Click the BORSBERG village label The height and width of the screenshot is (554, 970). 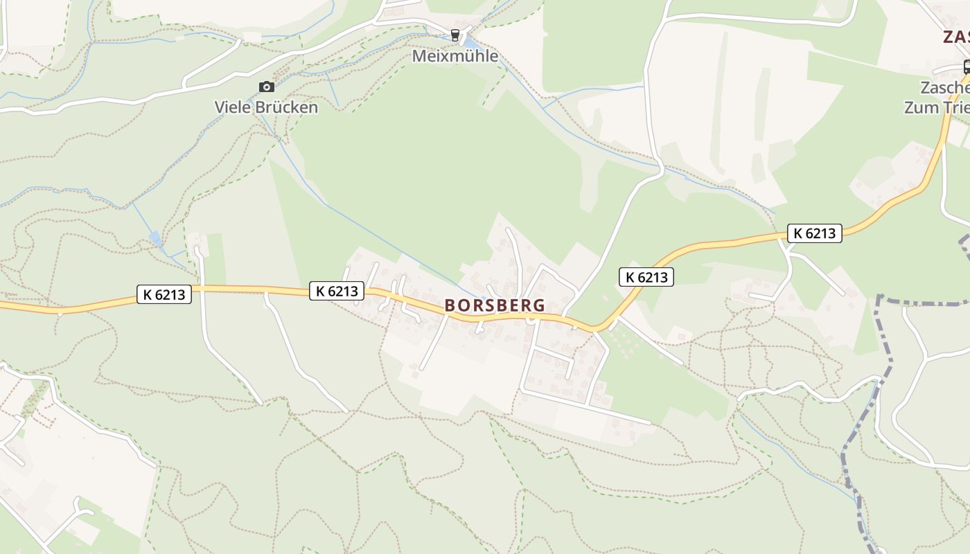pyautogui.click(x=495, y=305)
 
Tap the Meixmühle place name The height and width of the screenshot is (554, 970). pyautogui.click(x=455, y=56)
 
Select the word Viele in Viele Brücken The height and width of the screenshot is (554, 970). pyautogui.click(x=233, y=107)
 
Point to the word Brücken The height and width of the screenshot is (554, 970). pyautogui.click(x=286, y=107)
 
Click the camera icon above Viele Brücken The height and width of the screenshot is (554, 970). pyautogui.click(x=266, y=87)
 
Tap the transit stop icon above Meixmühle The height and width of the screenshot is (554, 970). pyautogui.click(x=455, y=35)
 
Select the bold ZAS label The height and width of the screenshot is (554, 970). pyautogui.click(x=956, y=37)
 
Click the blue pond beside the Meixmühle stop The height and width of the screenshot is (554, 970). pyautogui.click(x=470, y=44)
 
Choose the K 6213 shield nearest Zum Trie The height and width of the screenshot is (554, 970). pyautogui.click(x=814, y=233)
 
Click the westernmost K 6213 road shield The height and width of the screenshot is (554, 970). pyautogui.click(x=164, y=294)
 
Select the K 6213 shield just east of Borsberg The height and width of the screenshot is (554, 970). pyautogui.click(x=646, y=277)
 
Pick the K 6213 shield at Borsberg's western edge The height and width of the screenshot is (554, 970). pyautogui.click(x=336, y=291)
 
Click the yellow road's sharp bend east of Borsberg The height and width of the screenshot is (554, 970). pyautogui.click(x=597, y=328)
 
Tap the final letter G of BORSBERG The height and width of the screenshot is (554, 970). pyautogui.click(x=539, y=305)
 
